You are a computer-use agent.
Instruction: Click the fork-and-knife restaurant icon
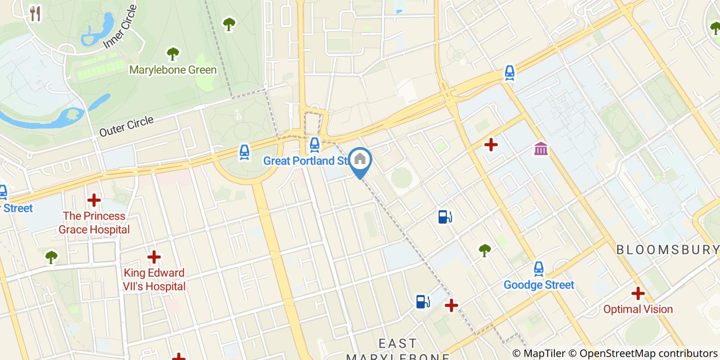point(35,14)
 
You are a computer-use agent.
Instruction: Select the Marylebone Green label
point(173,69)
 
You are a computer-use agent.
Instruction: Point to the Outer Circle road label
point(127,126)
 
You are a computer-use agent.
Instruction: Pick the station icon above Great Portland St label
point(314,145)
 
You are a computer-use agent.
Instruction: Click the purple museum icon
point(541,149)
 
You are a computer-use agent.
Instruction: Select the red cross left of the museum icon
point(491,145)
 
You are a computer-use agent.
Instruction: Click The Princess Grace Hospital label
point(94,223)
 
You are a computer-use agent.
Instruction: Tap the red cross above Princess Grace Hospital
point(94,200)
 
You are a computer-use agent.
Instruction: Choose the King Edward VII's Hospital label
point(154,279)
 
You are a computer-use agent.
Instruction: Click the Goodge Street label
point(538,284)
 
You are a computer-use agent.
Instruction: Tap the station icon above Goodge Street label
point(538,268)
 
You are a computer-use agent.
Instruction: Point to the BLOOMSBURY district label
point(667,250)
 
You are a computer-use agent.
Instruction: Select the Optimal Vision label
point(638,309)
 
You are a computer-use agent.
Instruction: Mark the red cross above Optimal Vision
point(638,293)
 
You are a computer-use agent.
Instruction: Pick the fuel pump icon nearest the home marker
point(445,217)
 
